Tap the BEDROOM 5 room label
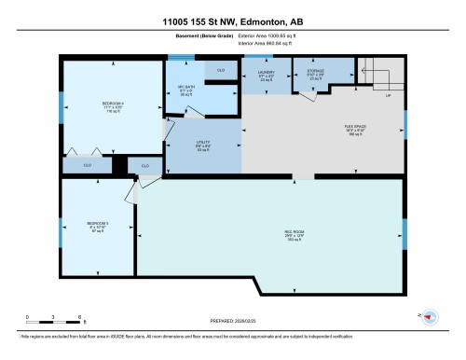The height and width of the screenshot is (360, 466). [98, 225]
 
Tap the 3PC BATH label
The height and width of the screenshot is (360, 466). [185, 90]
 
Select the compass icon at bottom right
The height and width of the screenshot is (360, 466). [430, 317]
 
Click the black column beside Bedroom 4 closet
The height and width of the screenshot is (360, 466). [118, 164]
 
